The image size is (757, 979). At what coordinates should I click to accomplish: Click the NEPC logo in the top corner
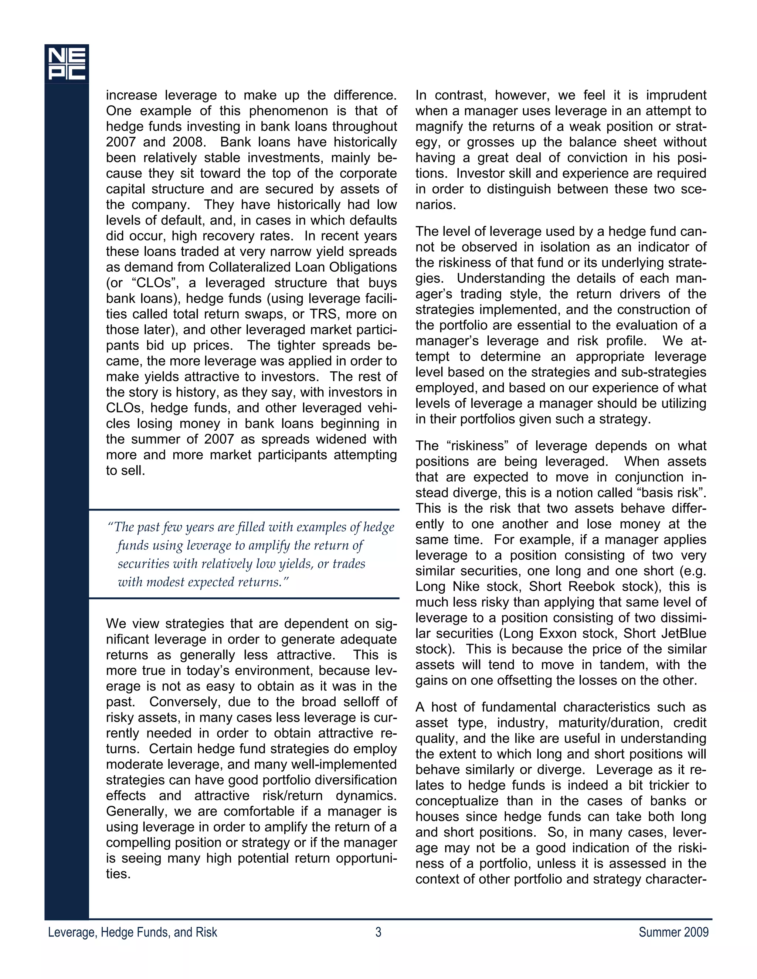point(67,64)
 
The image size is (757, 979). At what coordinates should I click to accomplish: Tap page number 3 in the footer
point(378,932)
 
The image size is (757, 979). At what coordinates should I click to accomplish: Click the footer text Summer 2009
point(673,932)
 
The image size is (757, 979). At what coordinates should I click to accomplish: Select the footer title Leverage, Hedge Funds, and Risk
point(132,932)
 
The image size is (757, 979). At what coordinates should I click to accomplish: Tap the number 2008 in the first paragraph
point(189,142)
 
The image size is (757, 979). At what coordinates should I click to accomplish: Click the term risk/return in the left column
point(293,796)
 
